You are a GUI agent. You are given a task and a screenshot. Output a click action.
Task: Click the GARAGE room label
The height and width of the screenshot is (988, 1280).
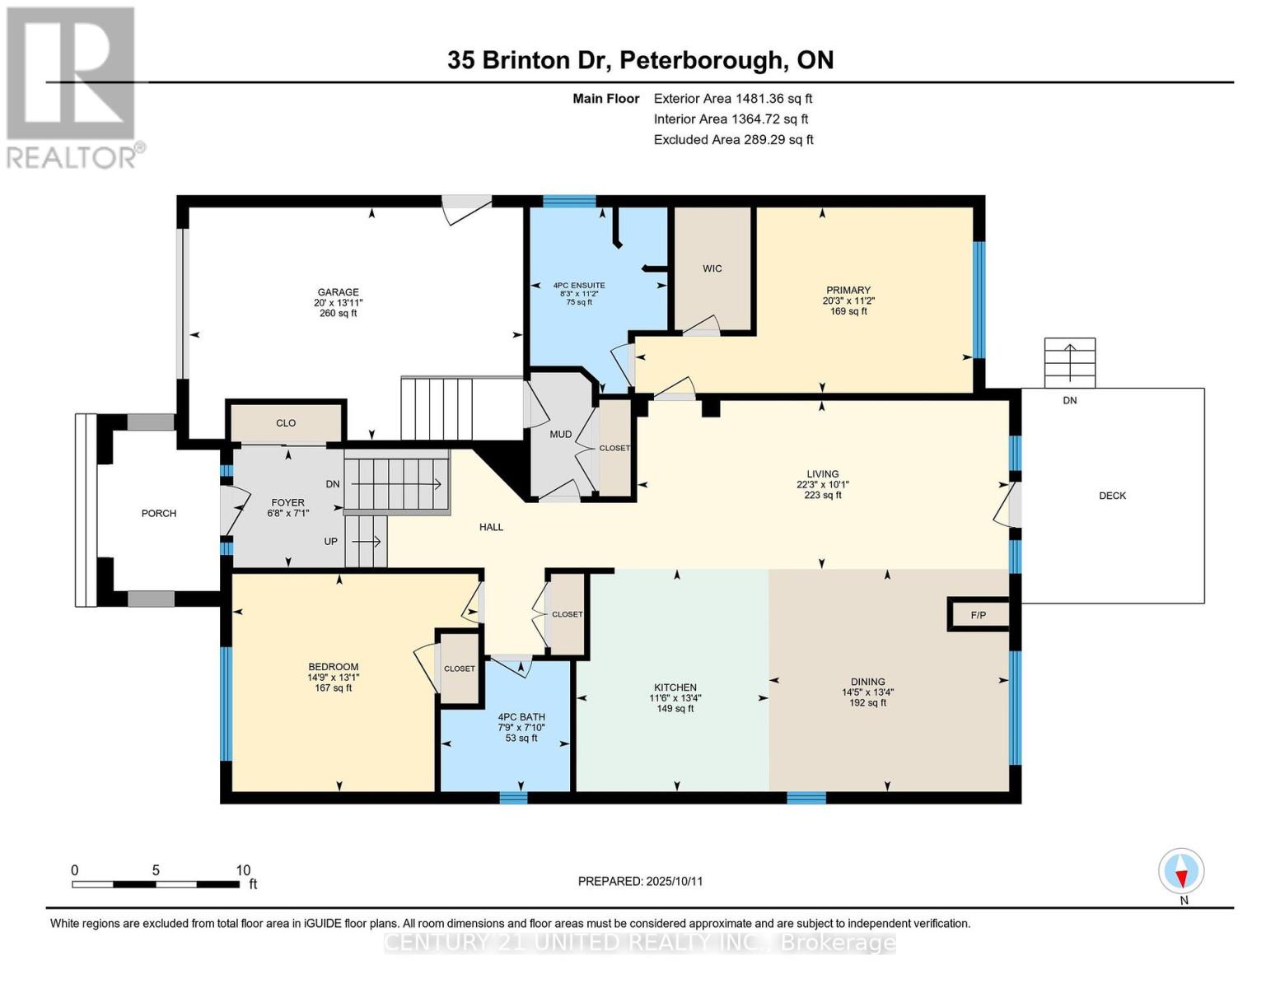tap(338, 292)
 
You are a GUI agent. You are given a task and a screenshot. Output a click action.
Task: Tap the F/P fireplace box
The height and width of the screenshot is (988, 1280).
tap(978, 616)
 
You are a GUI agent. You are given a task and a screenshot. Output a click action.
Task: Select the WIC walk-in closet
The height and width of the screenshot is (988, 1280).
tap(712, 268)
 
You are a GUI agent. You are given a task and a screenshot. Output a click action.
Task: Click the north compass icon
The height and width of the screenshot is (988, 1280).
tap(1182, 871)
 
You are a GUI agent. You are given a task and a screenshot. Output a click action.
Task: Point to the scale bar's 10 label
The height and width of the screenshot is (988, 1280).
tap(243, 870)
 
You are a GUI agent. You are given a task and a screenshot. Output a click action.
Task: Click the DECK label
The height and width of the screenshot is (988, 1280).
tap(1112, 496)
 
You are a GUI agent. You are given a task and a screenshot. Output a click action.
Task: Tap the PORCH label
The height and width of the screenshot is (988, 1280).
tap(159, 513)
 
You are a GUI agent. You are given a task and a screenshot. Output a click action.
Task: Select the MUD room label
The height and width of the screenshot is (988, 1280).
tap(560, 434)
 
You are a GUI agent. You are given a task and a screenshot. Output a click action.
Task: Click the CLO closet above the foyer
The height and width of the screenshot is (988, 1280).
tap(286, 423)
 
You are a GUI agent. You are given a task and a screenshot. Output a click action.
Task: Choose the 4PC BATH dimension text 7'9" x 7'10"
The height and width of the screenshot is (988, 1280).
tap(521, 728)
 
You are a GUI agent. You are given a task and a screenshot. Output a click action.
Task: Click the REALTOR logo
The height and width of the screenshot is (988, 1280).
tap(72, 86)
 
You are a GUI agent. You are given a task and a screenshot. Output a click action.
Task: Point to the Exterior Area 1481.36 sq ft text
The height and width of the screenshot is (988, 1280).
tap(732, 98)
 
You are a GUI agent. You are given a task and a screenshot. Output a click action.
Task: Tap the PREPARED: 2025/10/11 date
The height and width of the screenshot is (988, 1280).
tap(640, 881)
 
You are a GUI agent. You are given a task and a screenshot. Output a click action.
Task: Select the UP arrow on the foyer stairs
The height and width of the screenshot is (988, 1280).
tap(367, 542)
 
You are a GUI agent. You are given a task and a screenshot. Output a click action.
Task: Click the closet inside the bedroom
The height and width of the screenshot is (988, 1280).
tap(459, 669)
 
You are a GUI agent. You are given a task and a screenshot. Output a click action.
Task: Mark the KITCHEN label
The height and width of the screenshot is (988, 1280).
tap(675, 687)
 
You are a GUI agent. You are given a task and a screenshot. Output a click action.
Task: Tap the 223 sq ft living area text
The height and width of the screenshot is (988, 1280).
tap(822, 495)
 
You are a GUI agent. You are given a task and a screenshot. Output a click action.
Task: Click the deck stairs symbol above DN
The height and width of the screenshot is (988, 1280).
tap(1069, 361)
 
